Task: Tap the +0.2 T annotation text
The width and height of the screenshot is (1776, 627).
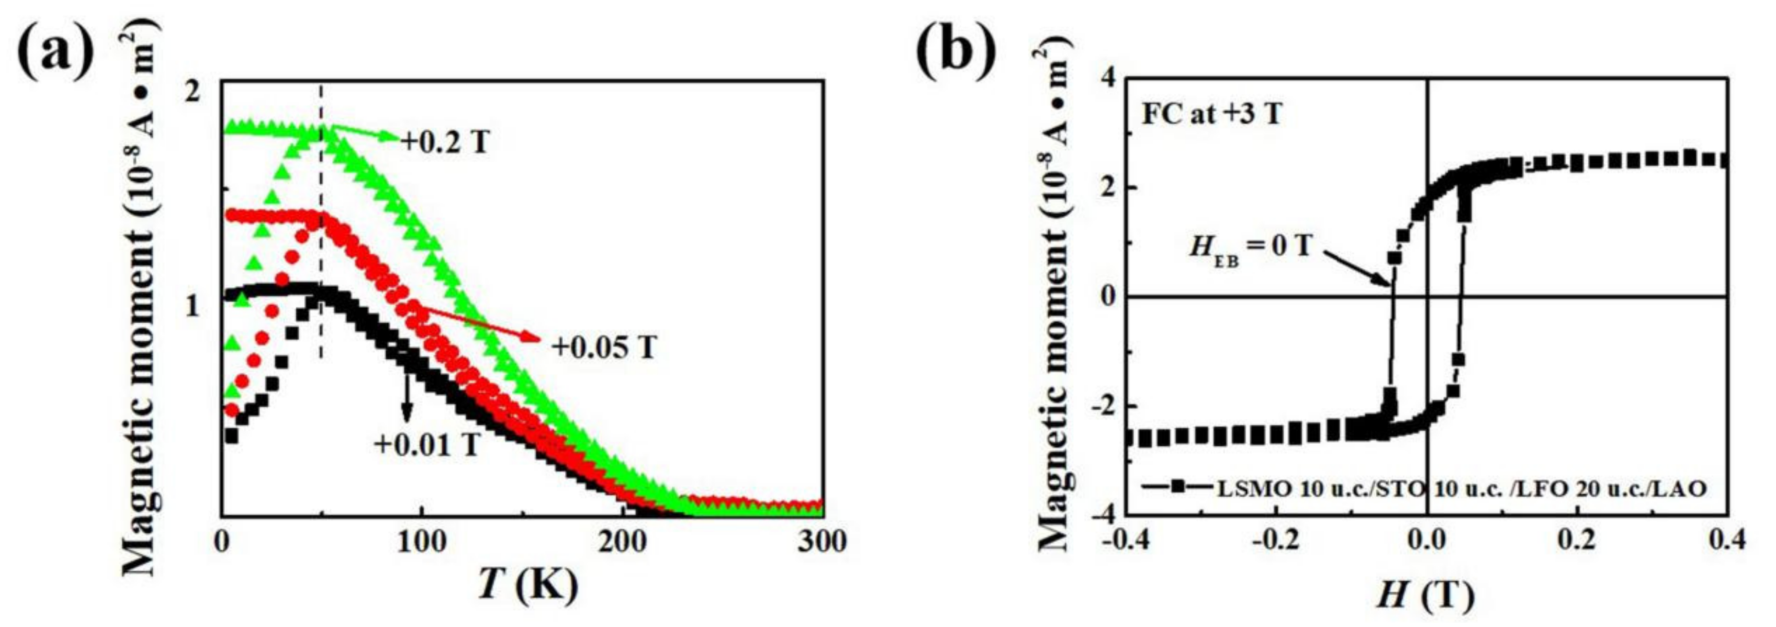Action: coord(445,142)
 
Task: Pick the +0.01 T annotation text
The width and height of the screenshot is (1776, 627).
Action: coord(426,445)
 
